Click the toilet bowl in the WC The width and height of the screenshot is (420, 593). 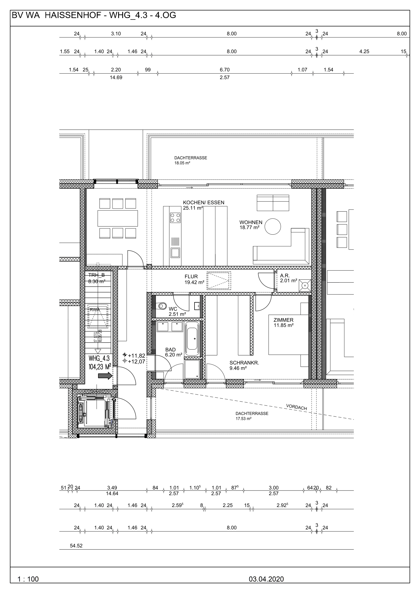(x=162, y=306)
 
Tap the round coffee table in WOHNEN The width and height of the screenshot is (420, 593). (x=273, y=226)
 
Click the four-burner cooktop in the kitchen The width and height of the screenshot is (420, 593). (x=175, y=217)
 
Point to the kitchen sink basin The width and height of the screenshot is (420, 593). (x=175, y=252)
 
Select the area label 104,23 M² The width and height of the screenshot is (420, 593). (x=100, y=367)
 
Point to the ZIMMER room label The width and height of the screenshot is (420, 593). (x=283, y=320)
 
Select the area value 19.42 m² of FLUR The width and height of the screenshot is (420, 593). (x=195, y=282)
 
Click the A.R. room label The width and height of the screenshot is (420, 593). (x=285, y=276)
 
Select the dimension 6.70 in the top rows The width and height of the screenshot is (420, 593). (x=225, y=70)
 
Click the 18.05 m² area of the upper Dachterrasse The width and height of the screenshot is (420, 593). (x=182, y=163)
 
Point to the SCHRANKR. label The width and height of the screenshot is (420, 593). (x=244, y=363)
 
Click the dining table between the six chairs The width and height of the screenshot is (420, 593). (x=118, y=218)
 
